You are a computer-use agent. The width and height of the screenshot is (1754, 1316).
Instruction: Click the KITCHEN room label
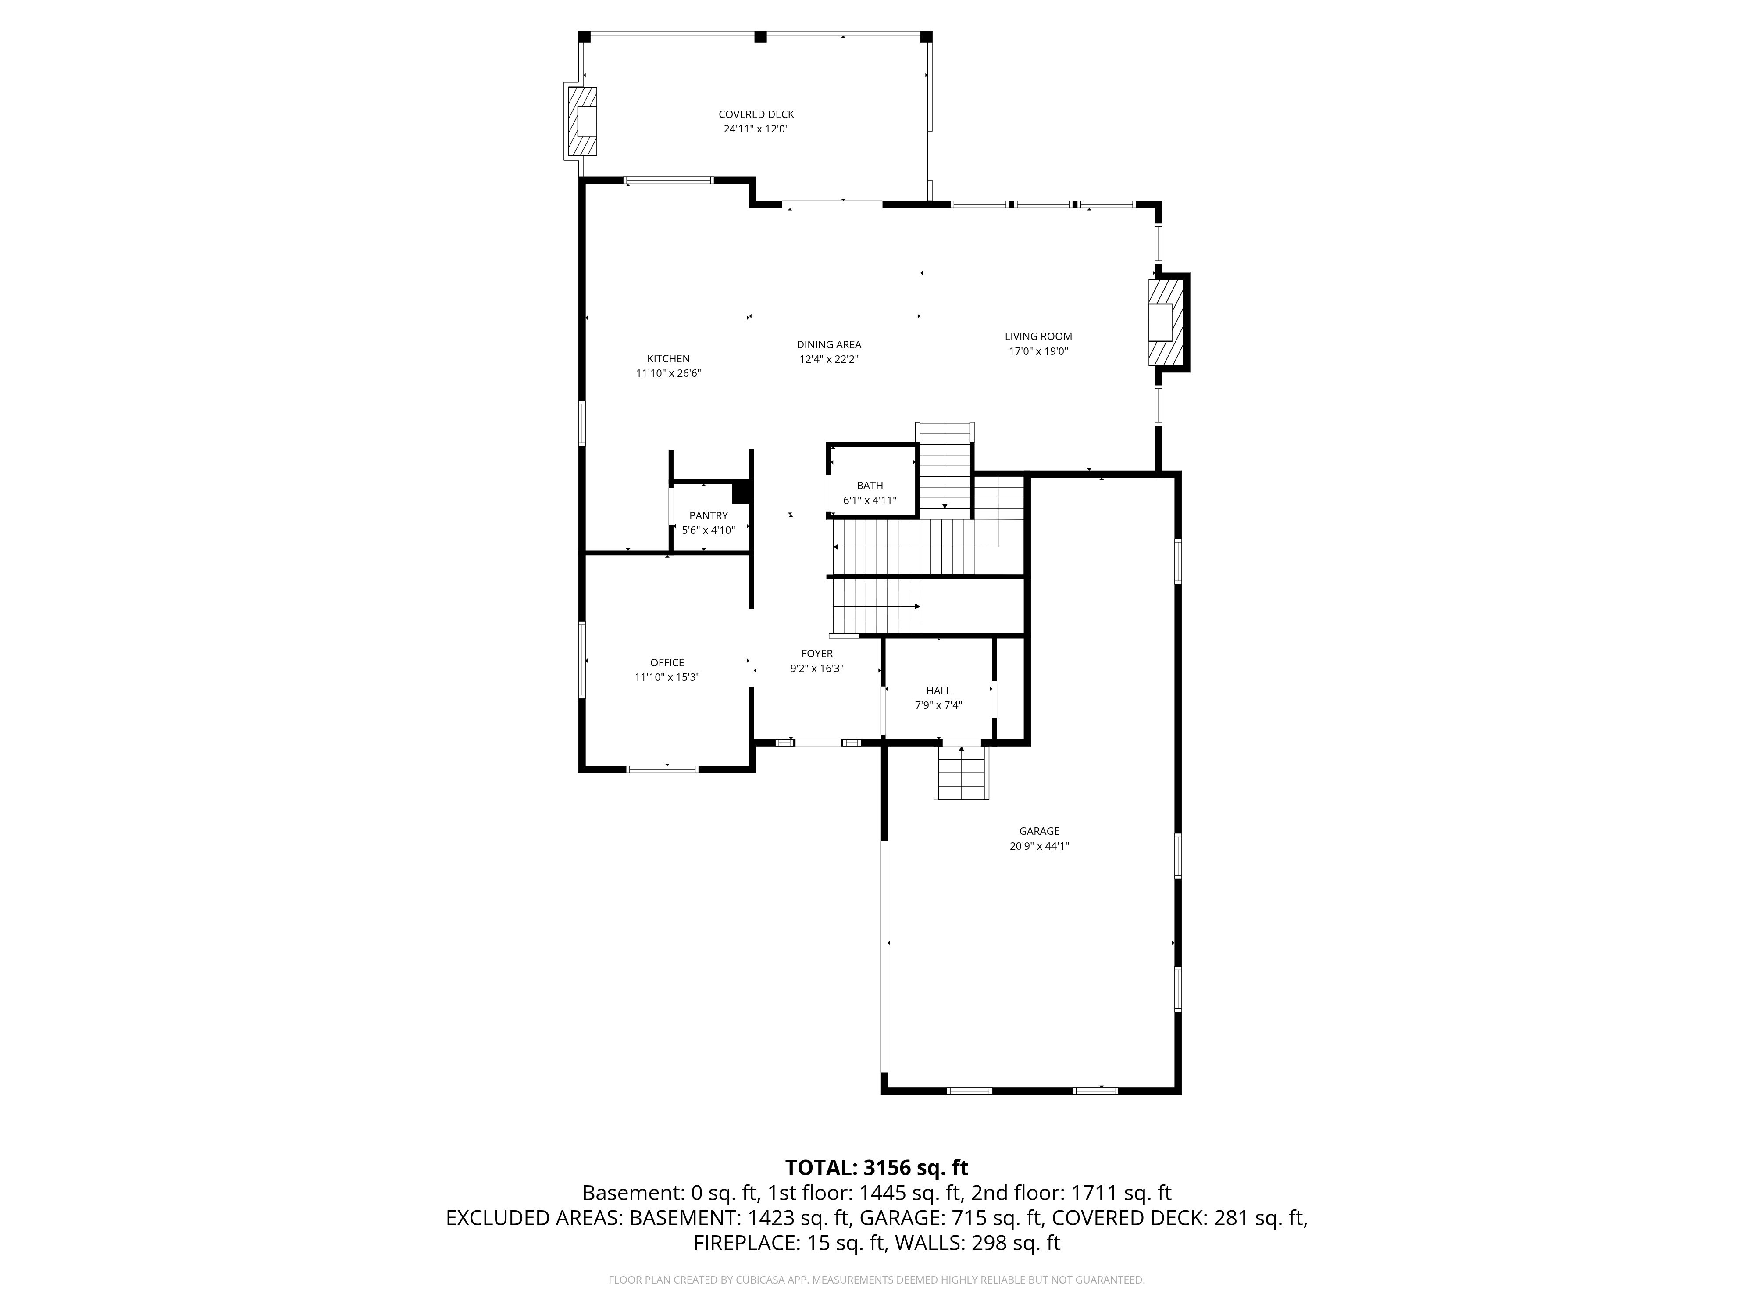tap(668, 358)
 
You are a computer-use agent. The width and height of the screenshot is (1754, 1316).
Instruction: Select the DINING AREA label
tap(829, 344)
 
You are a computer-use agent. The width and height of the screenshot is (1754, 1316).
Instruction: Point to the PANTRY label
tap(708, 515)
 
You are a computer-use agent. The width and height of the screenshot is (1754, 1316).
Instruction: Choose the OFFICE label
tap(667, 662)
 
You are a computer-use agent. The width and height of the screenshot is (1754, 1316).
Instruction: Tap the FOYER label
tap(817, 654)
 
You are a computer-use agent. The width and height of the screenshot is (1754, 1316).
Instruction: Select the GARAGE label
tap(1039, 831)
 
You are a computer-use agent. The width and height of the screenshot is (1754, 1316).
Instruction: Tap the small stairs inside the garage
tap(962, 772)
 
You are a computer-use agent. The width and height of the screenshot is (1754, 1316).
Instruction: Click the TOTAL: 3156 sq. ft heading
tap(876, 1168)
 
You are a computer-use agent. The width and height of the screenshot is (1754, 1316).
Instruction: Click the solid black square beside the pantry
tap(742, 492)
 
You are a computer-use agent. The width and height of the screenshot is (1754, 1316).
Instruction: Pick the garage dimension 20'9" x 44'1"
tap(1039, 846)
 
